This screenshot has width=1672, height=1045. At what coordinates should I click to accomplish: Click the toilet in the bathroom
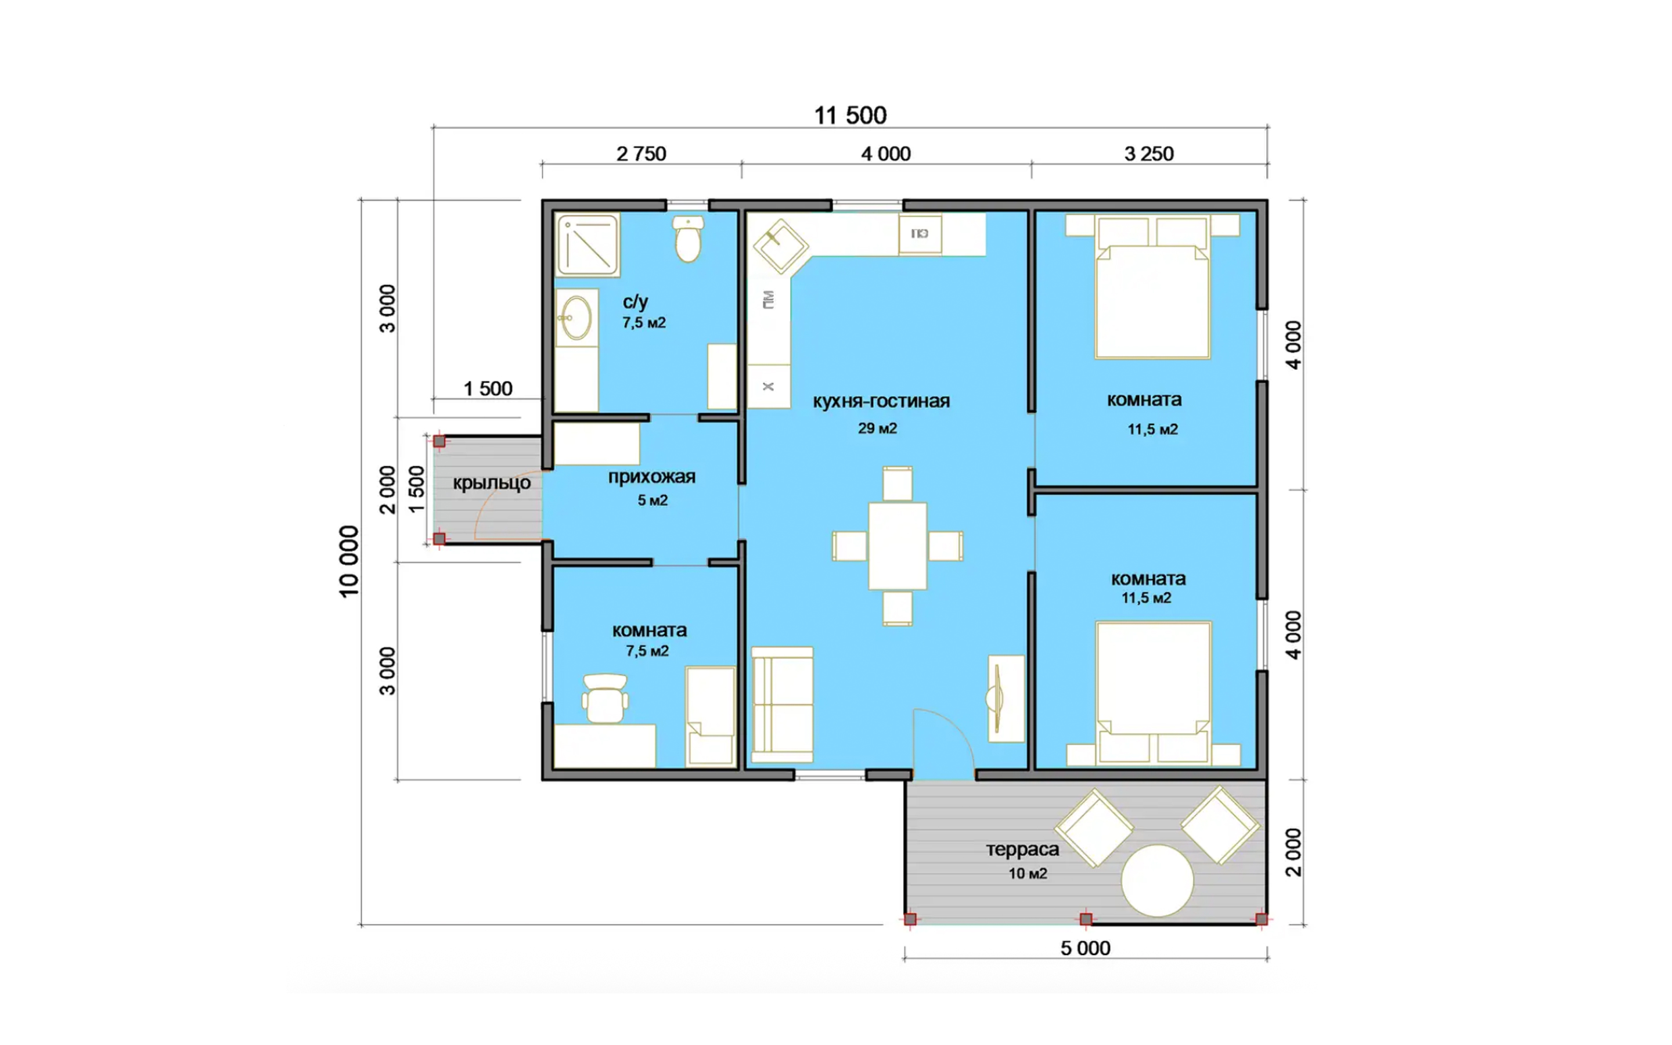pyautogui.click(x=688, y=239)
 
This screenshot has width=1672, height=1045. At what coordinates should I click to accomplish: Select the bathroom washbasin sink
pyautogui.click(x=576, y=317)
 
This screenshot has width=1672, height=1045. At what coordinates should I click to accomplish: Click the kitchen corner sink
pyautogui.click(x=780, y=246)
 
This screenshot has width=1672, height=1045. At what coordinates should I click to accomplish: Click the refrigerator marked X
pyautogui.click(x=768, y=386)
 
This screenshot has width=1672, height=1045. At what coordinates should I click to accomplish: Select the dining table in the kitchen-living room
pyautogui.click(x=898, y=546)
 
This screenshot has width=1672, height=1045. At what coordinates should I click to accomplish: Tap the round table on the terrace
pyautogui.click(x=1157, y=881)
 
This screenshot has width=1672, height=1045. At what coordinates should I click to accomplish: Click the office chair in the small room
pyautogui.click(x=606, y=698)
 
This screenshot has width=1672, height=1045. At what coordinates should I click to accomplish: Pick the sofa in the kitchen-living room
pyautogui.click(x=782, y=704)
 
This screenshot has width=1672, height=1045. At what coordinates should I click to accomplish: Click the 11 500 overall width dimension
pyautogui.click(x=850, y=116)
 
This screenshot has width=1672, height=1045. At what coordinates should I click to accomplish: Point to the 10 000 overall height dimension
pyautogui.click(x=349, y=561)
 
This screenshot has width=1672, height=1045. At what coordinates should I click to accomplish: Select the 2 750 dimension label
pyautogui.click(x=641, y=153)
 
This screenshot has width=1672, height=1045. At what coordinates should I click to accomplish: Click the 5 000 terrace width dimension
pyautogui.click(x=1086, y=948)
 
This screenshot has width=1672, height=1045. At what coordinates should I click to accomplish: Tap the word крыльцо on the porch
pyautogui.click(x=492, y=483)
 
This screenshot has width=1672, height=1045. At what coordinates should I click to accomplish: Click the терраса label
pyautogui.click(x=1022, y=849)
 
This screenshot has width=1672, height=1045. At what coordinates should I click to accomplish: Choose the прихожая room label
pyautogui.click(x=651, y=477)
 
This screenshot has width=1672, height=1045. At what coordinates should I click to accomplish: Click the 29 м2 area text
pyautogui.click(x=877, y=428)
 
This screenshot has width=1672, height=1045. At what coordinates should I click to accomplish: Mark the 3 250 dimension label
pyautogui.click(x=1149, y=153)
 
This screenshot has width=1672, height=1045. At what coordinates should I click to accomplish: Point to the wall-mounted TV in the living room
pyautogui.click(x=999, y=698)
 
